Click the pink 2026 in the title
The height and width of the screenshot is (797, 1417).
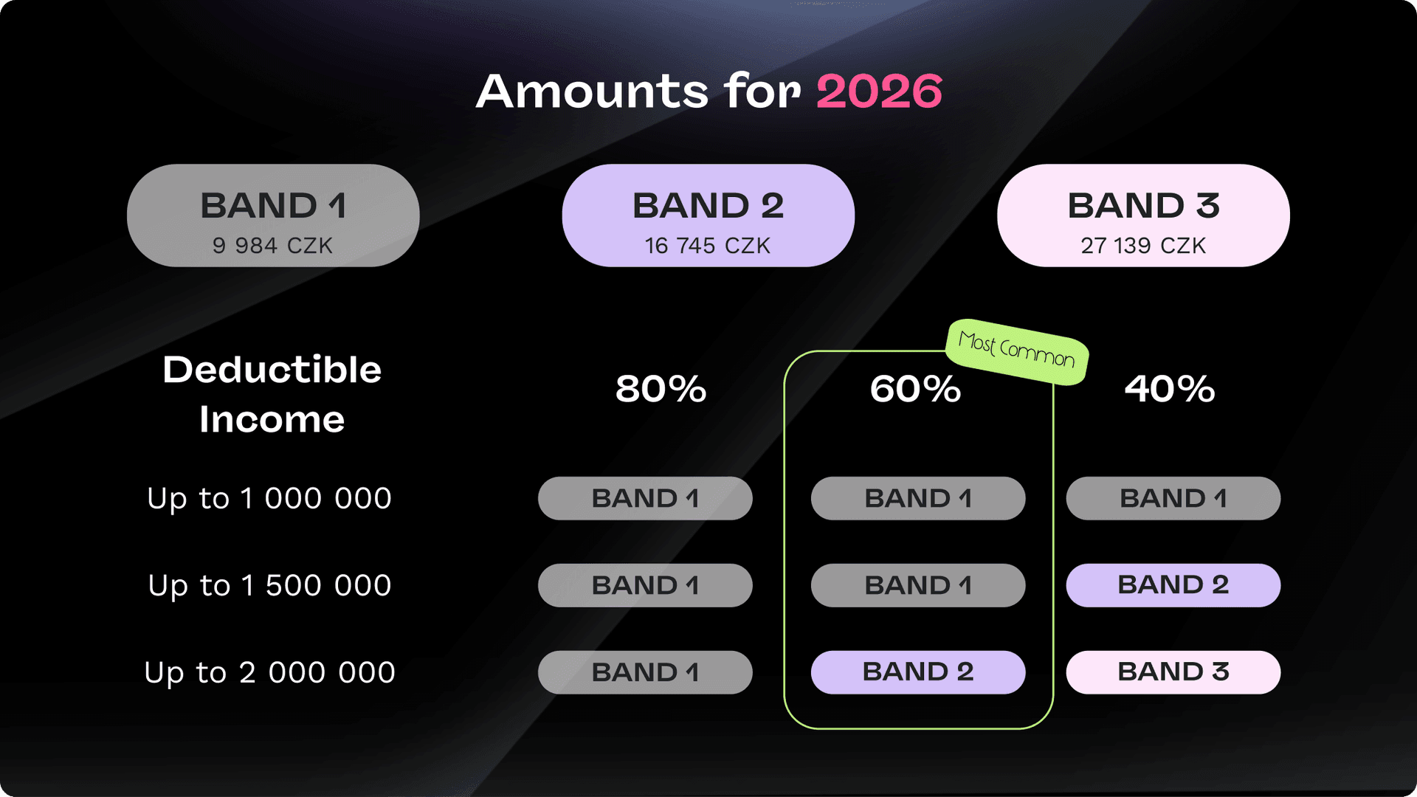(879, 92)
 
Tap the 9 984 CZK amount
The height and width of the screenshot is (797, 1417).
(272, 246)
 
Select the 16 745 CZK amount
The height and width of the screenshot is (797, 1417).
(708, 246)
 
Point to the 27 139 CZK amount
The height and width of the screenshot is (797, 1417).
(1143, 246)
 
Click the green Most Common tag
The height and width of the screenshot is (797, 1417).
(1016, 351)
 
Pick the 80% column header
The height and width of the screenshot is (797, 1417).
(661, 389)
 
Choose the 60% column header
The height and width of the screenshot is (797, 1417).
(915, 389)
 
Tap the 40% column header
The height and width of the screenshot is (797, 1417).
(1170, 389)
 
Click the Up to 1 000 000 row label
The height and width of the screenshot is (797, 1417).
(269, 499)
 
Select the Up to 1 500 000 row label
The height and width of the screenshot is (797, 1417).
(269, 586)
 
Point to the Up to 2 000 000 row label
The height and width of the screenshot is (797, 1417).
(269, 673)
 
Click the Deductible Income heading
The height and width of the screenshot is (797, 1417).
(272, 394)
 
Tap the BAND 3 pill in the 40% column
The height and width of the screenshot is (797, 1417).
(1173, 672)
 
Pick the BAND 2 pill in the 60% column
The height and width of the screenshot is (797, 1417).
(917, 672)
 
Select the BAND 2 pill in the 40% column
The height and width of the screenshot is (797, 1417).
(1173, 585)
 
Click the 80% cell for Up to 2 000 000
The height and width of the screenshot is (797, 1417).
(645, 672)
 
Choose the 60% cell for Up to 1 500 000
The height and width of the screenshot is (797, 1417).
(917, 585)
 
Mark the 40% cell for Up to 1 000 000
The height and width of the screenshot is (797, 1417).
(1173, 498)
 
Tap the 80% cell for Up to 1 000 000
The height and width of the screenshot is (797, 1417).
(645, 498)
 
